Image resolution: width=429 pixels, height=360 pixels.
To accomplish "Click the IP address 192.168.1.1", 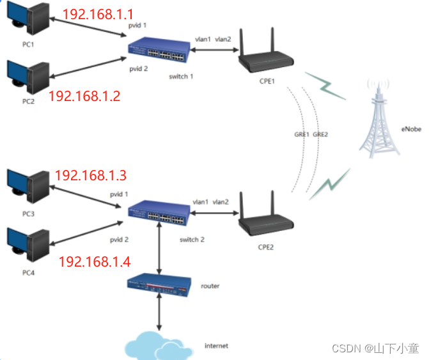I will click(98, 14).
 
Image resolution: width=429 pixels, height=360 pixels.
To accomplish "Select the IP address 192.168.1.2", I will click(84, 96).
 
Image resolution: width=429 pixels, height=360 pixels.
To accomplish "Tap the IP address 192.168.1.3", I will click(91, 175).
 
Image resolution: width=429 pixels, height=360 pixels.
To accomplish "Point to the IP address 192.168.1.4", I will click(95, 261).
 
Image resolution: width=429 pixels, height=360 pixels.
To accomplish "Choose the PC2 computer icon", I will click(27, 77).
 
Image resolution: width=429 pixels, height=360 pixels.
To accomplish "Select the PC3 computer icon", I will click(27, 185).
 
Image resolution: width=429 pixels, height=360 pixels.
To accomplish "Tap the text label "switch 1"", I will click(181, 76).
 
